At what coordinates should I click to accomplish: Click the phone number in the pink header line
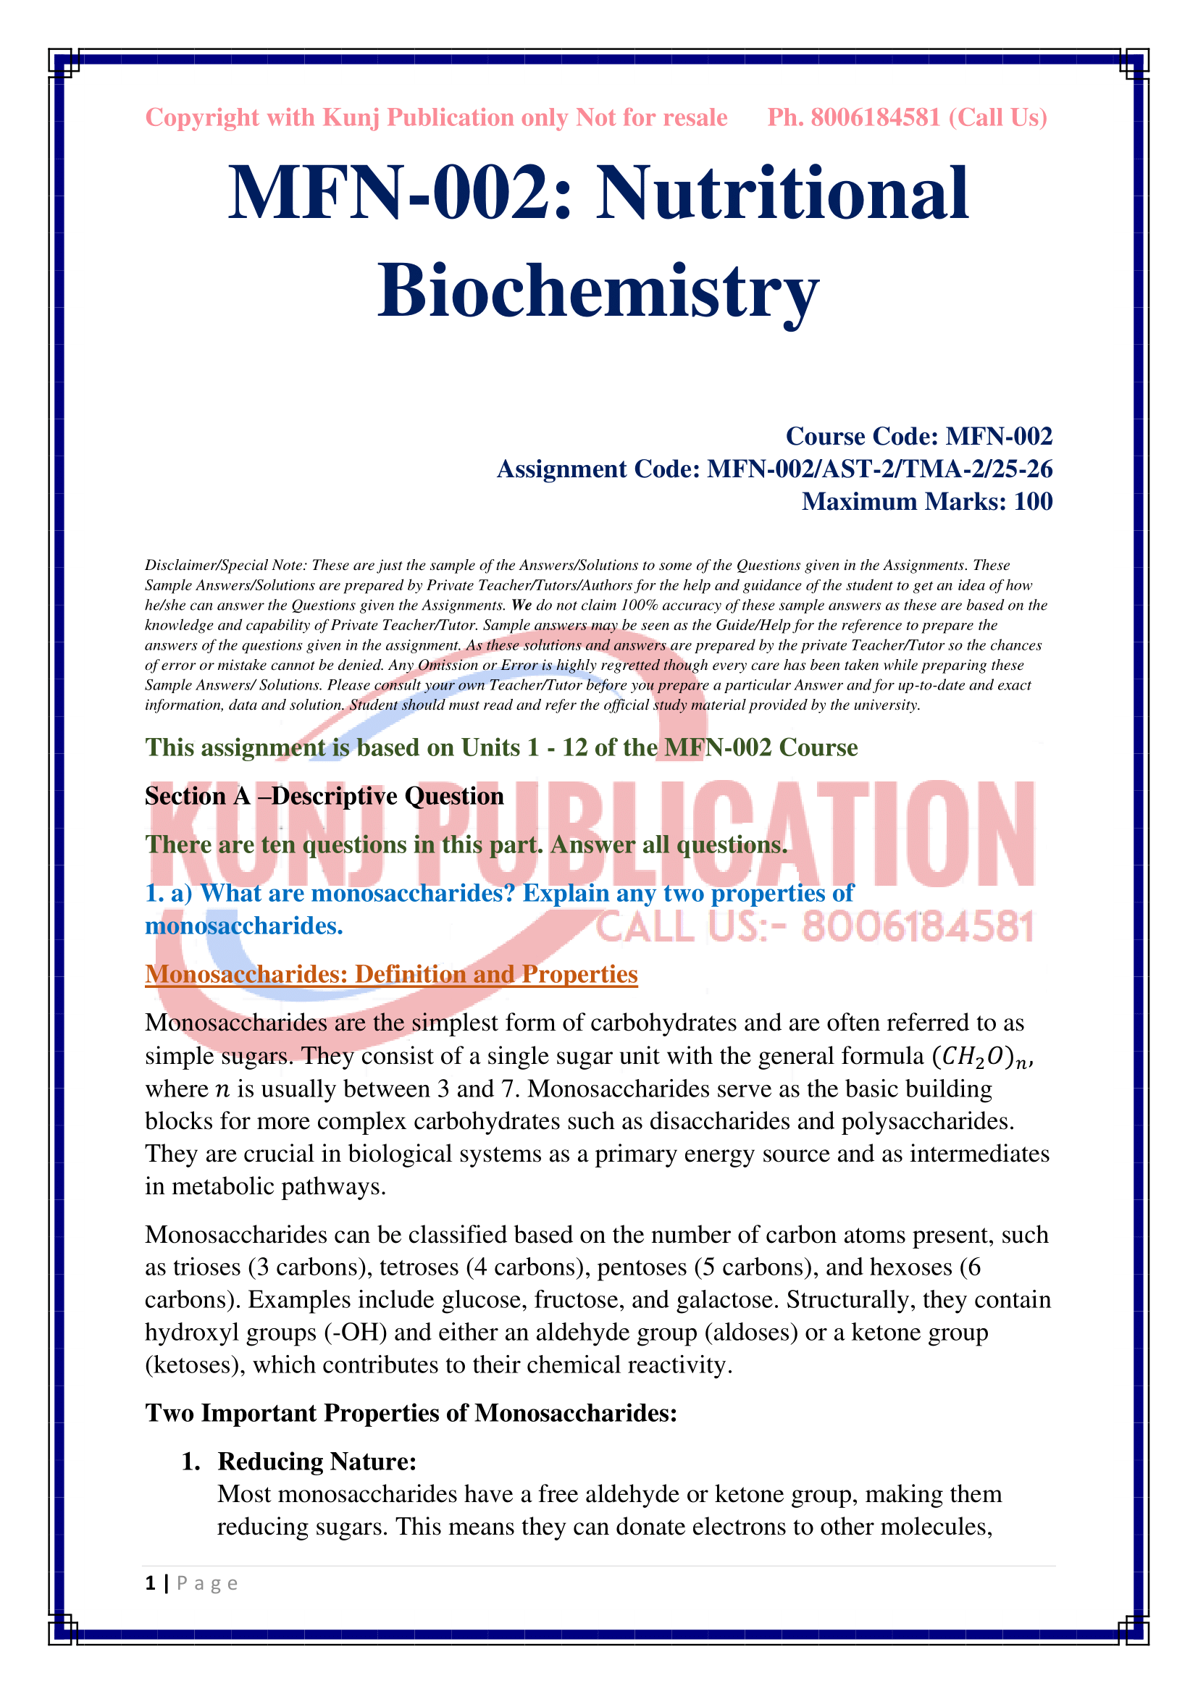click(876, 118)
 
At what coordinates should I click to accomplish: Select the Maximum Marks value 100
click(1033, 502)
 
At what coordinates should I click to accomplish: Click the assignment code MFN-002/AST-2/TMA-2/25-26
click(879, 469)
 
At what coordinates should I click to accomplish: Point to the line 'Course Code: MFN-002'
click(918, 437)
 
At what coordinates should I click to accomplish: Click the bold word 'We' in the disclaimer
click(521, 605)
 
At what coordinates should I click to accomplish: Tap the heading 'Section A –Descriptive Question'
click(324, 796)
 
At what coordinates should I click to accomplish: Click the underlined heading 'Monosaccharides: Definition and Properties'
click(391, 975)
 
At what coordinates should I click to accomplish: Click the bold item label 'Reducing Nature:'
click(317, 1462)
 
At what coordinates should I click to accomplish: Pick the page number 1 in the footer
click(151, 1583)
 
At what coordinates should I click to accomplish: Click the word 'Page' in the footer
click(206, 1584)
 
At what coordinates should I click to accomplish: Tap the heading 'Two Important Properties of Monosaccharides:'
click(411, 1413)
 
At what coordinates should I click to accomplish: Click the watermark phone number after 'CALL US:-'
click(918, 928)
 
